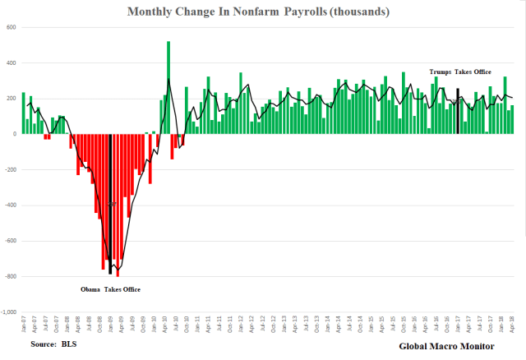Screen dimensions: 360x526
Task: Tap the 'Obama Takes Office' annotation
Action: pos(110,289)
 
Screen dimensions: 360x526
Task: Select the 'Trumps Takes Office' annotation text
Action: pos(460,72)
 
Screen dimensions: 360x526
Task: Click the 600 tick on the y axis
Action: pos(12,27)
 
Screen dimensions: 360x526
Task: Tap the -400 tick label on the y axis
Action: pos(10,205)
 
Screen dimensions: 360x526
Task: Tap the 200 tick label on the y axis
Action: pos(12,99)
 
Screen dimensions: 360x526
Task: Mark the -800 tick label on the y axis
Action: pos(10,277)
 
